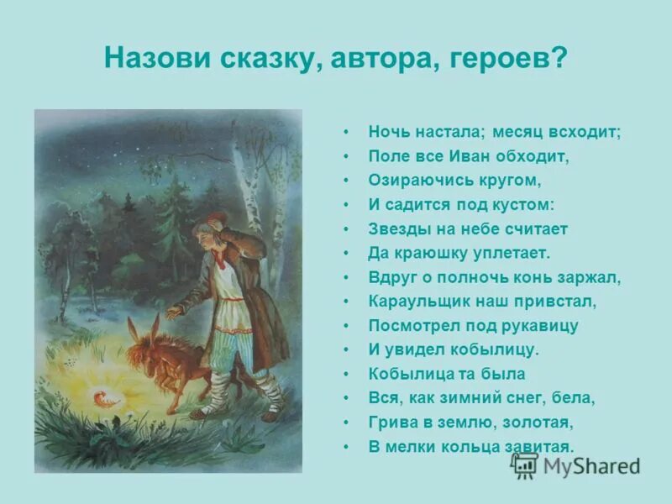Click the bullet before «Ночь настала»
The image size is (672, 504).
point(345,134)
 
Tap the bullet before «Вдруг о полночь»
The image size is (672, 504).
point(345,277)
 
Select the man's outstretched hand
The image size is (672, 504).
point(171,312)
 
